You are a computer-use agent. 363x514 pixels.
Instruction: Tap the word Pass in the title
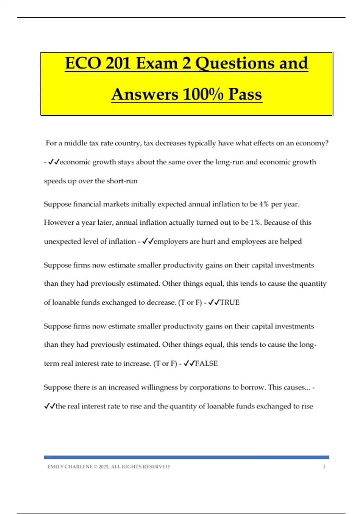coord(245,94)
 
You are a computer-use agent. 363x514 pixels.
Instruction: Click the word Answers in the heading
coord(145,94)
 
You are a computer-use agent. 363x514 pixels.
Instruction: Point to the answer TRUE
coord(230,302)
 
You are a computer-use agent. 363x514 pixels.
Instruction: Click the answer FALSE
coord(206,363)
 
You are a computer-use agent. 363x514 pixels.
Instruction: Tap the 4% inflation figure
coord(264,204)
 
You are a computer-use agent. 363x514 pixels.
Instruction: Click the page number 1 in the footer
coord(324,467)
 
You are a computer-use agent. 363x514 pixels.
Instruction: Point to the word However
coord(59,223)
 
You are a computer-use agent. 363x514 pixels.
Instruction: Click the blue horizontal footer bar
coord(186,457)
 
